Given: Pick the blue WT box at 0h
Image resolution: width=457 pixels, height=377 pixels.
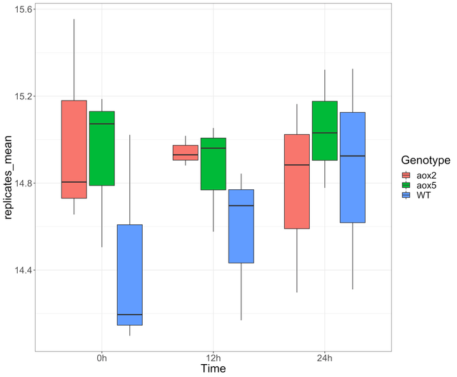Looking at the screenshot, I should pos(129,275).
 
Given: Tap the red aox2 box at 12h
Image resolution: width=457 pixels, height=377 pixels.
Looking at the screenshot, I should pos(186,153).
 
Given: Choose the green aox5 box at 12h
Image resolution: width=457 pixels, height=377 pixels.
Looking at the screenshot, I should pos(213,164).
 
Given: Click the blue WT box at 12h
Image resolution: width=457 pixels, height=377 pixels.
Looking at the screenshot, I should pos(241,226).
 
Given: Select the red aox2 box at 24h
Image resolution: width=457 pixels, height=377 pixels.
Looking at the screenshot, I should pos(297,181).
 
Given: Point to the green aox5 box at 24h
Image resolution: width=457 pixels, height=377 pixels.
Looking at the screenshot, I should pos(325,131).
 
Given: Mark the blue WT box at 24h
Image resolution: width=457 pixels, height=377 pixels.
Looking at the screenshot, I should pos(353,167).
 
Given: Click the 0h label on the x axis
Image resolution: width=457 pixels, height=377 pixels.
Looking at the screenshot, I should pos(101,358).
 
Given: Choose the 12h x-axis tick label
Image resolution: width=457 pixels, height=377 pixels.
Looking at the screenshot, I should pos(213,358).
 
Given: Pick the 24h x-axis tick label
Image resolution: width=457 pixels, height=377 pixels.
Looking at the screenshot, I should pos(325,358).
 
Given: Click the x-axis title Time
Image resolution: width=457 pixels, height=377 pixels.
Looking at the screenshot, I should pos(213,369).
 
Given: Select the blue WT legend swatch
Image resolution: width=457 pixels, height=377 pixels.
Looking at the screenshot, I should pos(406,195).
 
